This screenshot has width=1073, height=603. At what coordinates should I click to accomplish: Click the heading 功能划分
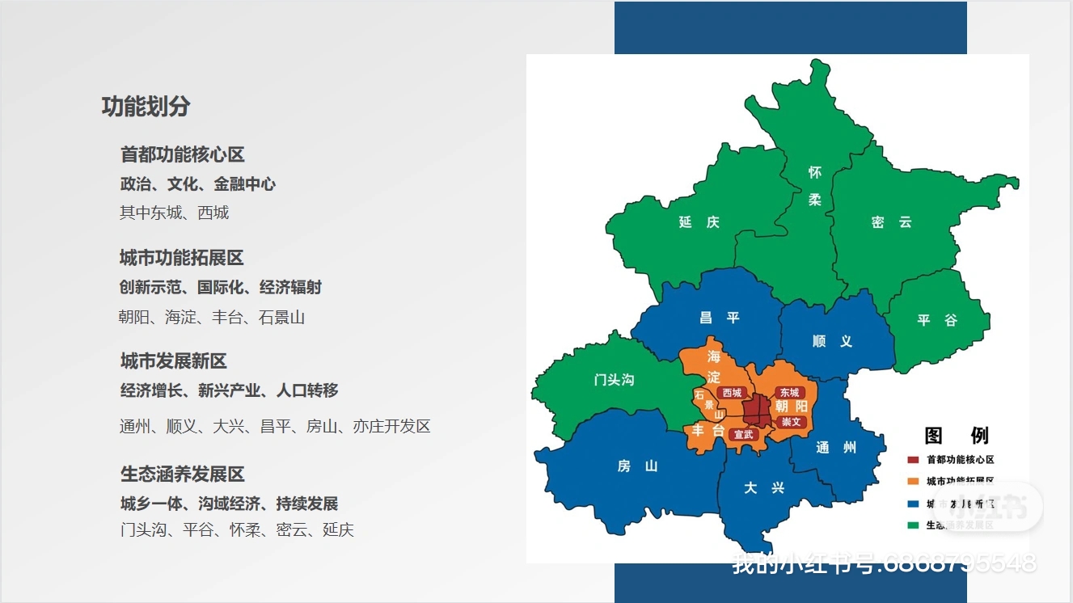tap(146, 107)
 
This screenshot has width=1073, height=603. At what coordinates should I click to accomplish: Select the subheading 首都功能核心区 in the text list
tap(182, 154)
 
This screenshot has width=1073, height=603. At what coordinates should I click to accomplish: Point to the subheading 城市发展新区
tap(173, 361)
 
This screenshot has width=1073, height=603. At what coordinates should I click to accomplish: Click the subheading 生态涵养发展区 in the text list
tap(182, 474)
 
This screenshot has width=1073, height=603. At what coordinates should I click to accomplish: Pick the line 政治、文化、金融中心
tap(197, 184)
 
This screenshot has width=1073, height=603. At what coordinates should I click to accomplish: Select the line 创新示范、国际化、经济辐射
tap(221, 288)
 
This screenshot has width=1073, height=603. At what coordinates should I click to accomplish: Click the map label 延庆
tap(699, 222)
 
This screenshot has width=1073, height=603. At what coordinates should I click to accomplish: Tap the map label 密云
tap(892, 222)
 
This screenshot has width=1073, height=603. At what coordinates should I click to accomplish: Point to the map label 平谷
tap(937, 320)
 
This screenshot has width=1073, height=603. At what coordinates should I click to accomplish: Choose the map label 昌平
tap(720, 318)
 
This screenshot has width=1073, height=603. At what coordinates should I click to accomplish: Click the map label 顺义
tap(832, 342)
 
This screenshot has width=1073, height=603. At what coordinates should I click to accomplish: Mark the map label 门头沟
tap(614, 379)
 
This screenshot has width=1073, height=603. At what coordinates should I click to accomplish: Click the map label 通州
tap(836, 448)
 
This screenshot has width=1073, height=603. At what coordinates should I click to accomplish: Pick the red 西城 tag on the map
tap(732, 393)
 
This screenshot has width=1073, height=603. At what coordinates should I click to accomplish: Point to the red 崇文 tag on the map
tap(791, 422)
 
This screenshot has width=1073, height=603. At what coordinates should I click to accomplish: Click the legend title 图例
tap(957, 436)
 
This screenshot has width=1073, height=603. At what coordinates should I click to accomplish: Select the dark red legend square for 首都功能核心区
tap(912, 460)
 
